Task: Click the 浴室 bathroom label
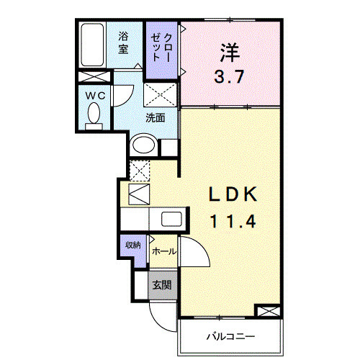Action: [123, 42]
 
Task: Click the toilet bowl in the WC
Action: [93, 114]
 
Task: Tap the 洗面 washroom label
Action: [155, 118]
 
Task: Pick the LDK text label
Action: [232, 195]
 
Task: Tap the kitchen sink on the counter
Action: [171, 220]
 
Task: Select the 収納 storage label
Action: [133, 246]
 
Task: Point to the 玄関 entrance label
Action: [161, 284]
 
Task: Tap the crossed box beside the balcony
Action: [267, 311]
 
